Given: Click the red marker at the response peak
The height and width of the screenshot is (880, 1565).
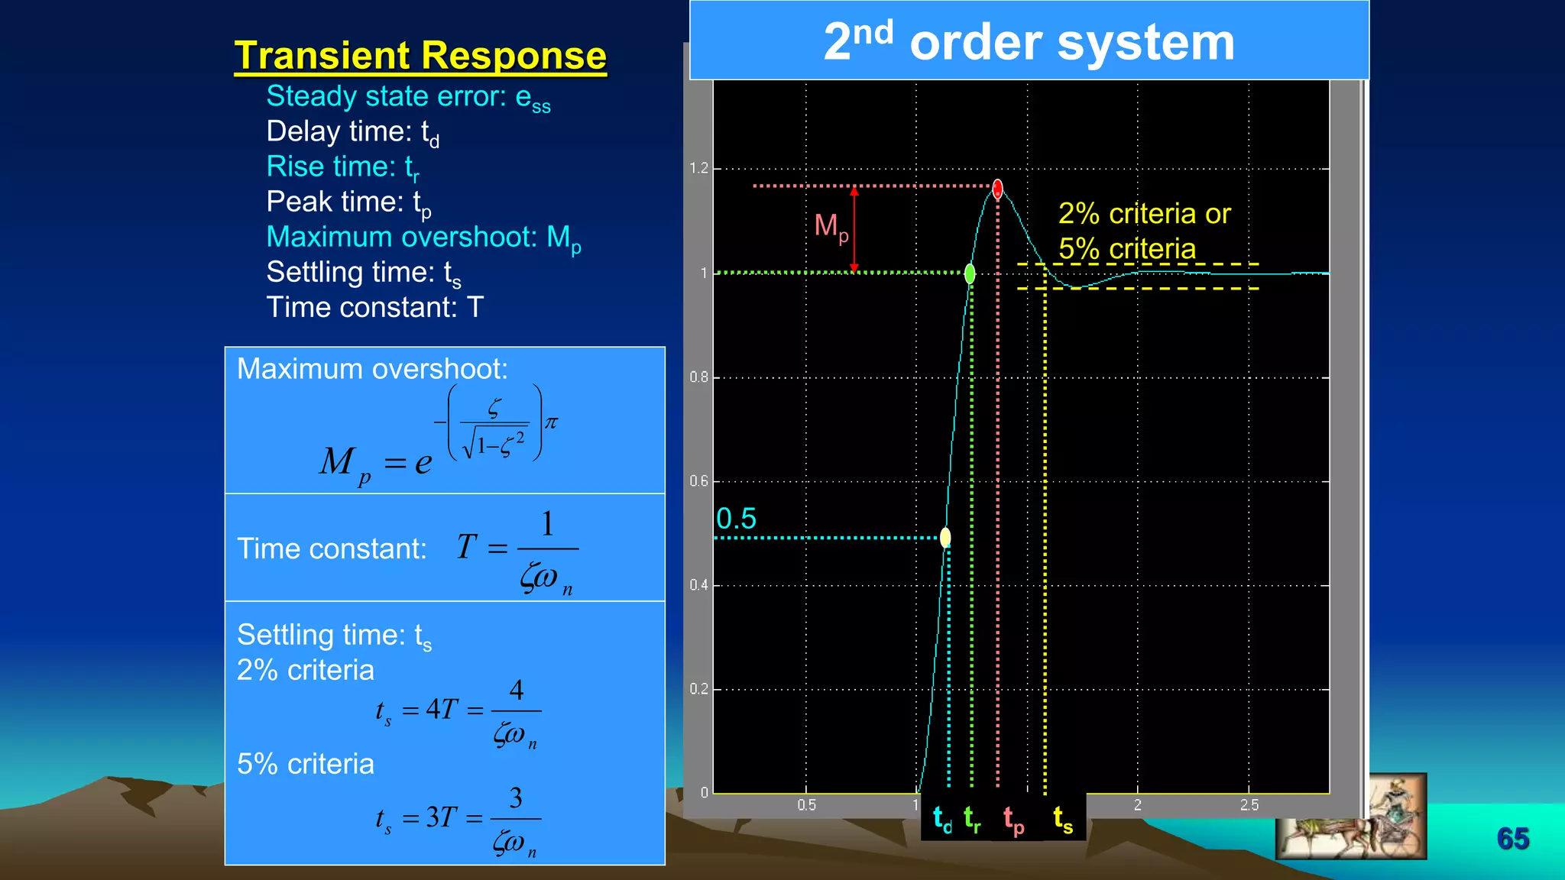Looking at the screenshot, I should coord(997,189).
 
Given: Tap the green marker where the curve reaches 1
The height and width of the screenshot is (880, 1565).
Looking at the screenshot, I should coord(970,273).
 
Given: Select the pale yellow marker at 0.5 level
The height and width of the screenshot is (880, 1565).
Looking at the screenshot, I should coord(945,538).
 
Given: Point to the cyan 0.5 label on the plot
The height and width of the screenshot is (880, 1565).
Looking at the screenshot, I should coord(736,519).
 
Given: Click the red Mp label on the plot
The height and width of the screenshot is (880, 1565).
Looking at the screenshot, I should coord(831,227).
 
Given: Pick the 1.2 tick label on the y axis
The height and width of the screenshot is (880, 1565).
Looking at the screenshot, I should coord(698,168).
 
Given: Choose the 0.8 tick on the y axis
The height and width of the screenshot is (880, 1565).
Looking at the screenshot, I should coord(698,377).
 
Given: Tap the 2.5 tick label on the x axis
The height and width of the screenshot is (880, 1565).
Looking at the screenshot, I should coord(1249,805).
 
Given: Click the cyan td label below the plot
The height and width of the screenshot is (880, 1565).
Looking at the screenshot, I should coord(942,820).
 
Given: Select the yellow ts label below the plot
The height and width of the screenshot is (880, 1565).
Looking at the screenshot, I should coord(1063,820).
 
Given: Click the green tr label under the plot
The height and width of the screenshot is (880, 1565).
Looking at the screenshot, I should coord(972,820).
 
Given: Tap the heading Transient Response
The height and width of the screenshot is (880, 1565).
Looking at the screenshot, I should coord(420,56).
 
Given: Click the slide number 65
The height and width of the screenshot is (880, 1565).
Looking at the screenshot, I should coord(1512,839).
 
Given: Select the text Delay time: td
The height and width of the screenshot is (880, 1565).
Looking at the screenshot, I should coord(352,132).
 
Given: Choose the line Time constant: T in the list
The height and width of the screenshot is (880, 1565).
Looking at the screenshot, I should coord(374,307).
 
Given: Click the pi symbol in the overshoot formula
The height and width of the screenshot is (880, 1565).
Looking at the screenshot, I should coord(551,422).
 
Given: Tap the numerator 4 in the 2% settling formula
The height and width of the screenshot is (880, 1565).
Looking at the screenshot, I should coord(517,690).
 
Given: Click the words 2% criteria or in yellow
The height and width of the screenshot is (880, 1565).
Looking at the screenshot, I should coord(1144,214).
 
